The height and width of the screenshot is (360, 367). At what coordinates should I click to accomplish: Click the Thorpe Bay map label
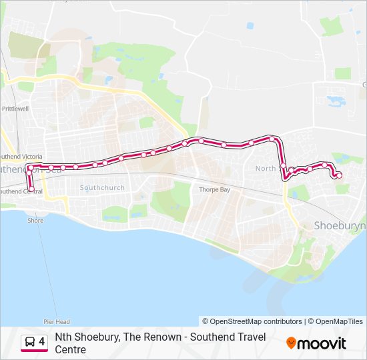[214, 190]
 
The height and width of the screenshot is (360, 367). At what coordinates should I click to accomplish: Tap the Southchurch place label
[102, 188]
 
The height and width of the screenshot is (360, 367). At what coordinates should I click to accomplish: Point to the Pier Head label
[57, 321]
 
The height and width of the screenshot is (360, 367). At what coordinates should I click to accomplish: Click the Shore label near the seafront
[35, 221]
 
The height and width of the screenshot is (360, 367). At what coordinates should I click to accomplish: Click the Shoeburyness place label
[340, 226]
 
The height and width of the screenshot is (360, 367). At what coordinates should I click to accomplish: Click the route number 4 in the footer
[42, 342]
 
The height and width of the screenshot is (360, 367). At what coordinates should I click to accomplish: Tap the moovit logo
[316, 343]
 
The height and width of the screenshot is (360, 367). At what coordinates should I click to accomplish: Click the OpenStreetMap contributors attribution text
[252, 321]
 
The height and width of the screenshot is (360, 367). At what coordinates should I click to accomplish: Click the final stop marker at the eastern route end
[339, 175]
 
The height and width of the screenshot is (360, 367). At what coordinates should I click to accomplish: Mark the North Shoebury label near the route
[266, 169]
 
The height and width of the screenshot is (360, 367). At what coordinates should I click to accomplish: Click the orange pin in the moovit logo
[291, 343]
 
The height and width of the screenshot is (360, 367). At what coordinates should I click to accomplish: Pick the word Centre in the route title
[71, 349]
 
